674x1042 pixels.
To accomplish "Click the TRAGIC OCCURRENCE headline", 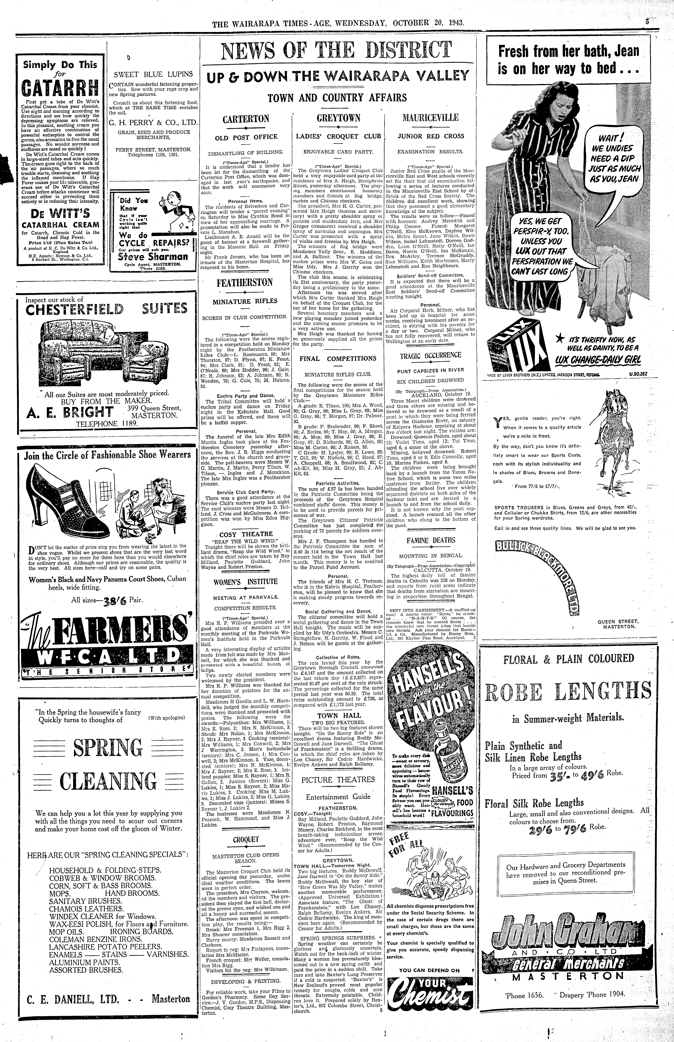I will click(x=430, y=355).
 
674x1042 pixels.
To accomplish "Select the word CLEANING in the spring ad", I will click(x=108, y=782).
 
